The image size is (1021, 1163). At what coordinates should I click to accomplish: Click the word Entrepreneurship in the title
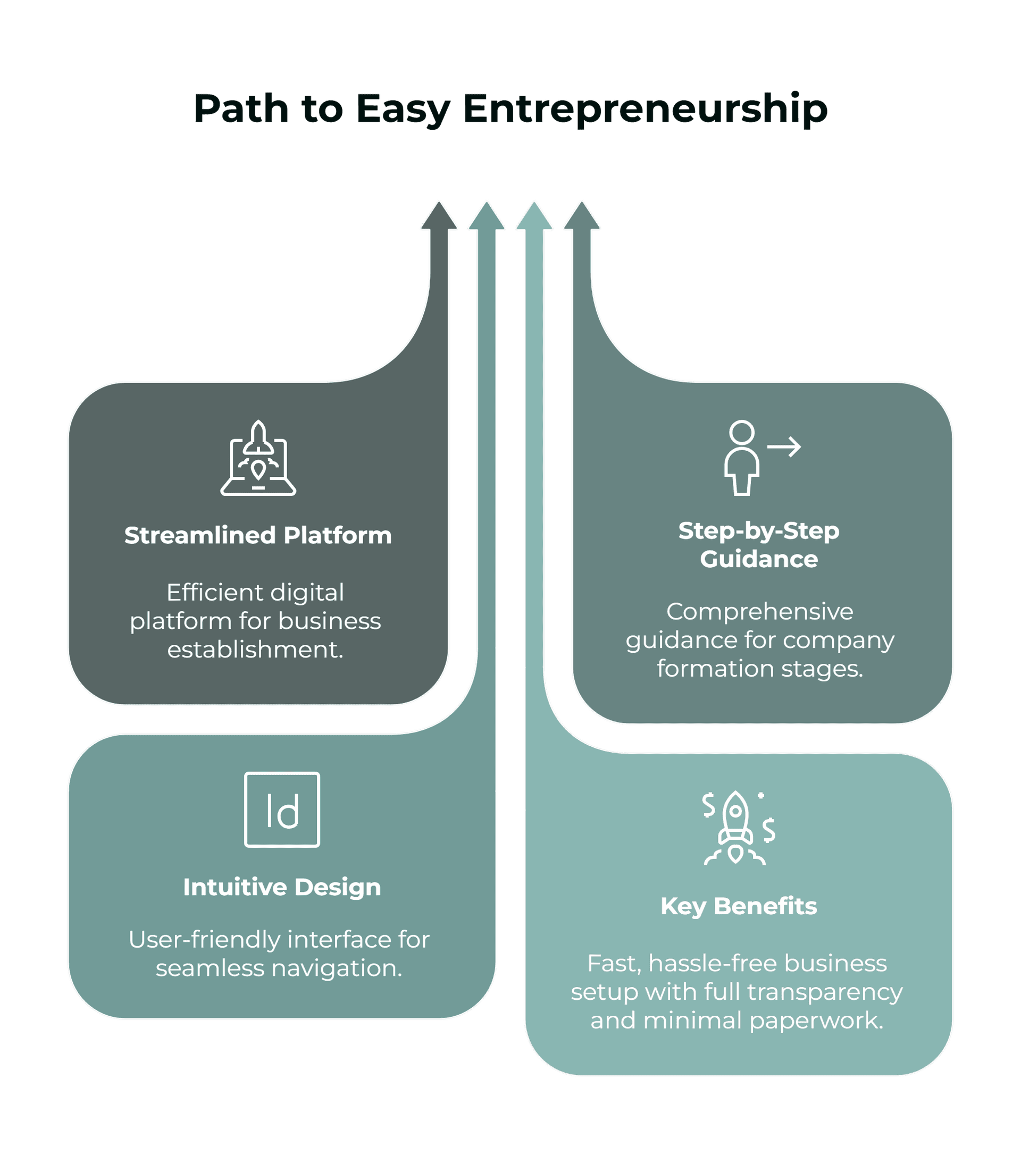[646, 109]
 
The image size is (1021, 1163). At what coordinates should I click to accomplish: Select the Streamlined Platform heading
[258, 535]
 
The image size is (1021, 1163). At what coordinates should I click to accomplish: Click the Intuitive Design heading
[282, 887]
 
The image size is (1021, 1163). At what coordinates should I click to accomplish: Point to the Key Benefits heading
[738, 906]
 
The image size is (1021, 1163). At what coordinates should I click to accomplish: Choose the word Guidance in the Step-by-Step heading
[759, 559]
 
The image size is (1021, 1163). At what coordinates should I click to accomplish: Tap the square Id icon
[282, 809]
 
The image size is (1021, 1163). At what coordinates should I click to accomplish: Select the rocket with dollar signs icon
[737, 828]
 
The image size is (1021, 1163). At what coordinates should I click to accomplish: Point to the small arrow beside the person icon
[784, 446]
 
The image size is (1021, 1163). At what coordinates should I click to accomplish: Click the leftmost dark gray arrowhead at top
[439, 216]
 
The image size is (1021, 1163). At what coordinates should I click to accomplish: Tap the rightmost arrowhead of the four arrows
[581, 216]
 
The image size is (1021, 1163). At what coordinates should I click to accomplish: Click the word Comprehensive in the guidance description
[760, 612]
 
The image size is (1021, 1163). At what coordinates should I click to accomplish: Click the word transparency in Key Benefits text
[824, 992]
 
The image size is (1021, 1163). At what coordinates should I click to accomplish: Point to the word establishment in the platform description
[255, 650]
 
